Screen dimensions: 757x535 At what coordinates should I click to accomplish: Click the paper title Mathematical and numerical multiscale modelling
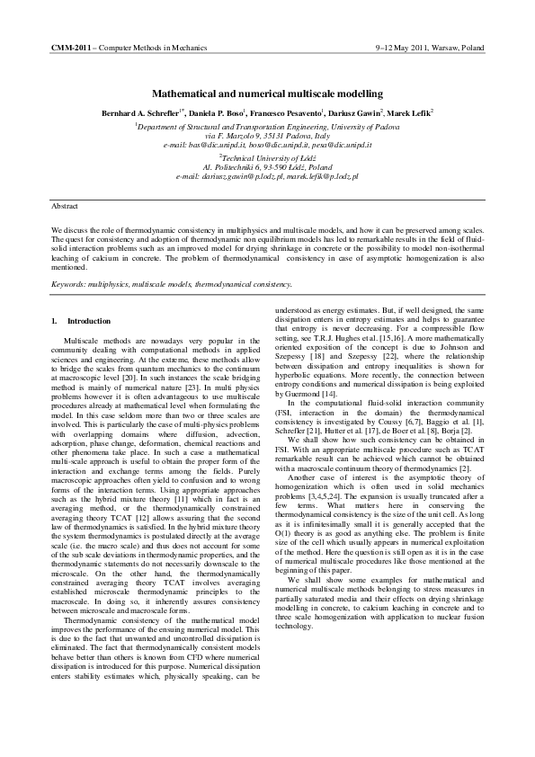coord(267,94)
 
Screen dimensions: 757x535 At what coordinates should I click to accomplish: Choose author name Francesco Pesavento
coord(288,114)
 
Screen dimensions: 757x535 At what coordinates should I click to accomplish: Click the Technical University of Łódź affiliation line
coord(267,156)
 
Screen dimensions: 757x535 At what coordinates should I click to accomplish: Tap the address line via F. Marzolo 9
coord(267,135)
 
